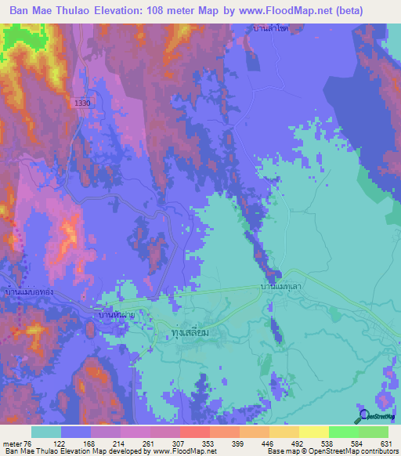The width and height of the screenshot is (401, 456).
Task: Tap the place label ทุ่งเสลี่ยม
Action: [x=191, y=333]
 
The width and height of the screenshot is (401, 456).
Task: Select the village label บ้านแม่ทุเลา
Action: [x=283, y=289]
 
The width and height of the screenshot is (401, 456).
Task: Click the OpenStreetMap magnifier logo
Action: [x=363, y=416]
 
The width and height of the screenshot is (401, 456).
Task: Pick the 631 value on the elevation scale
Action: [x=385, y=443]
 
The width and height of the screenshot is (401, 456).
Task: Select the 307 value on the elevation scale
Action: [x=179, y=443]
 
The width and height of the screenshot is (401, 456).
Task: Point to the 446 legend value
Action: [x=267, y=443]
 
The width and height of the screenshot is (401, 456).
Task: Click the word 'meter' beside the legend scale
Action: [x=13, y=443]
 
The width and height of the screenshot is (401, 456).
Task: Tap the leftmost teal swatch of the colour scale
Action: [x=46, y=432]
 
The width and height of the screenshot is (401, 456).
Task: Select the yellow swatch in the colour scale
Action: [x=313, y=432]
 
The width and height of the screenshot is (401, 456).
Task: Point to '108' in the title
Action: [x=179, y=11]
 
